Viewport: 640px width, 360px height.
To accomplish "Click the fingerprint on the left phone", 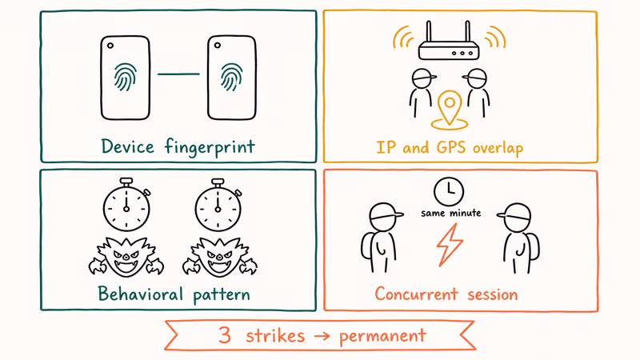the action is click(125, 77).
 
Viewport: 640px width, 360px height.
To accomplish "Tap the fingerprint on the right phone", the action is click(231, 77).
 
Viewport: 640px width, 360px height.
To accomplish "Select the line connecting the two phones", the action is click(178, 74).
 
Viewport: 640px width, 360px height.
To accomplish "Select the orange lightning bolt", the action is click(449, 245).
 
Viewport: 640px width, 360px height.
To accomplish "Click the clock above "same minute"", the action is click(449, 191).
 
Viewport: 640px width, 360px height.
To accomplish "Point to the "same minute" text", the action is click(451, 213).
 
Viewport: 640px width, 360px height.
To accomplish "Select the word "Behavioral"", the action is click(141, 294).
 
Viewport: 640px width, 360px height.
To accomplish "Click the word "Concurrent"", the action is click(416, 294).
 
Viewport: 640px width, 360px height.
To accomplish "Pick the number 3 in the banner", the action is click(225, 335).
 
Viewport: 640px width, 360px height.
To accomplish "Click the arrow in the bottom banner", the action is click(322, 336).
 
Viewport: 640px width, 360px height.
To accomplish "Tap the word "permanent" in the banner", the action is click(382, 336).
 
